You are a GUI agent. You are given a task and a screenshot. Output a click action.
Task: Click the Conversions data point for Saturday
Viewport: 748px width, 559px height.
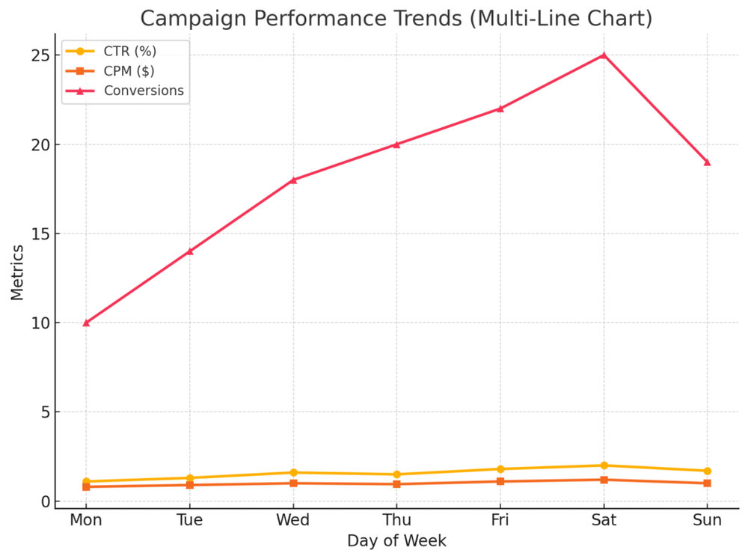pyautogui.click(x=604, y=55)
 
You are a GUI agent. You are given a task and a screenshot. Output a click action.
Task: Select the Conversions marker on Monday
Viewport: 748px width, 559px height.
pyautogui.click(x=86, y=323)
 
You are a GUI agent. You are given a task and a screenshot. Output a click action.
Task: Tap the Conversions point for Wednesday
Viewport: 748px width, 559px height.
pyautogui.click(x=293, y=180)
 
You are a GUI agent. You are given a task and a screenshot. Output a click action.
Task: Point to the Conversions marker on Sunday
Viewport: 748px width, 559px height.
pyautogui.click(x=707, y=162)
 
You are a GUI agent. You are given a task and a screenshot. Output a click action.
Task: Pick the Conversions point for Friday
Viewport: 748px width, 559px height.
pyautogui.click(x=500, y=109)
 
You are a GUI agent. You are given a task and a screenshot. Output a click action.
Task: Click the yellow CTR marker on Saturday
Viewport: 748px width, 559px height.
pyautogui.click(x=604, y=465)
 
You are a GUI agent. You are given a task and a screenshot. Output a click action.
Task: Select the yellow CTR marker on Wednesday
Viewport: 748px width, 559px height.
pyautogui.click(x=293, y=472)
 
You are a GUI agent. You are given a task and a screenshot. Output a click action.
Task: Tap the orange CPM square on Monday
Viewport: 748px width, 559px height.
pyautogui.click(x=86, y=486)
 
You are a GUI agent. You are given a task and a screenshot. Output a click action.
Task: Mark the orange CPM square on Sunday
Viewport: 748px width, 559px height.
pyautogui.click(x=707, y=483)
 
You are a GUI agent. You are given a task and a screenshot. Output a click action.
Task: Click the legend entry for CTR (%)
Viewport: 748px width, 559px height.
pyautogui.click(x=129, y=51)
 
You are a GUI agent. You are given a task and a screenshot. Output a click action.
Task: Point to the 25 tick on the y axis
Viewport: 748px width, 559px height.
pyautogui.click(x=40, y=55)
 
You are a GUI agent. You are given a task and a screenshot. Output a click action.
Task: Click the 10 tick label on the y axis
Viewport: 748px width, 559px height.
pyautogui.click(x=40, y=323)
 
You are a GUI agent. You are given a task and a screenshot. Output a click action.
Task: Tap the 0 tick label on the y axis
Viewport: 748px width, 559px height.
pyautogui.click(x=45, y=501)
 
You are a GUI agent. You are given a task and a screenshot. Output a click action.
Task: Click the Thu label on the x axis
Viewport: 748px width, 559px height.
pyautogui.click(x=396, y=520)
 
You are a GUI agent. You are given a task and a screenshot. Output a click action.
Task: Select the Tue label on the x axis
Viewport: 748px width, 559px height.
pyautogui.click(x=189, y=520)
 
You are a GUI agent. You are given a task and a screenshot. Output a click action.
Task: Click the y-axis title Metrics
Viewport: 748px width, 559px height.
pyautogui.click(x=17, y=272)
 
